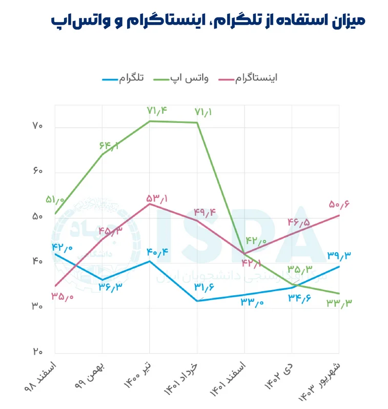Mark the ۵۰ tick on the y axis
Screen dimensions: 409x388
click(36, 217)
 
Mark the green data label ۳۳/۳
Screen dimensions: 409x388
click(338, 303)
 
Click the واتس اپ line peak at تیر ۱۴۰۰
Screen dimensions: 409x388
click(149, 121)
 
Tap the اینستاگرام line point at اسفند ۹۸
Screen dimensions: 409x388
click(55, 286)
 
